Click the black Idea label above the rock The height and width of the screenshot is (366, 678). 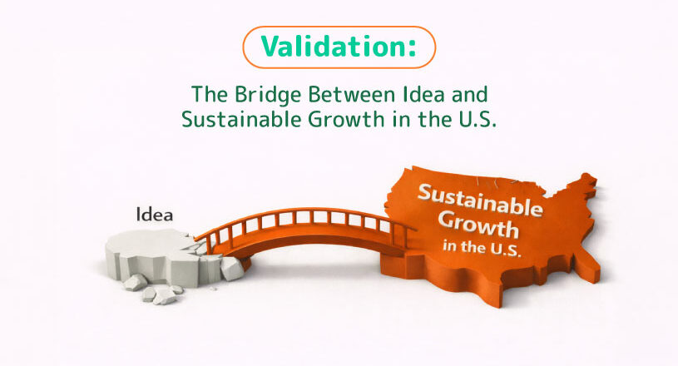155,215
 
